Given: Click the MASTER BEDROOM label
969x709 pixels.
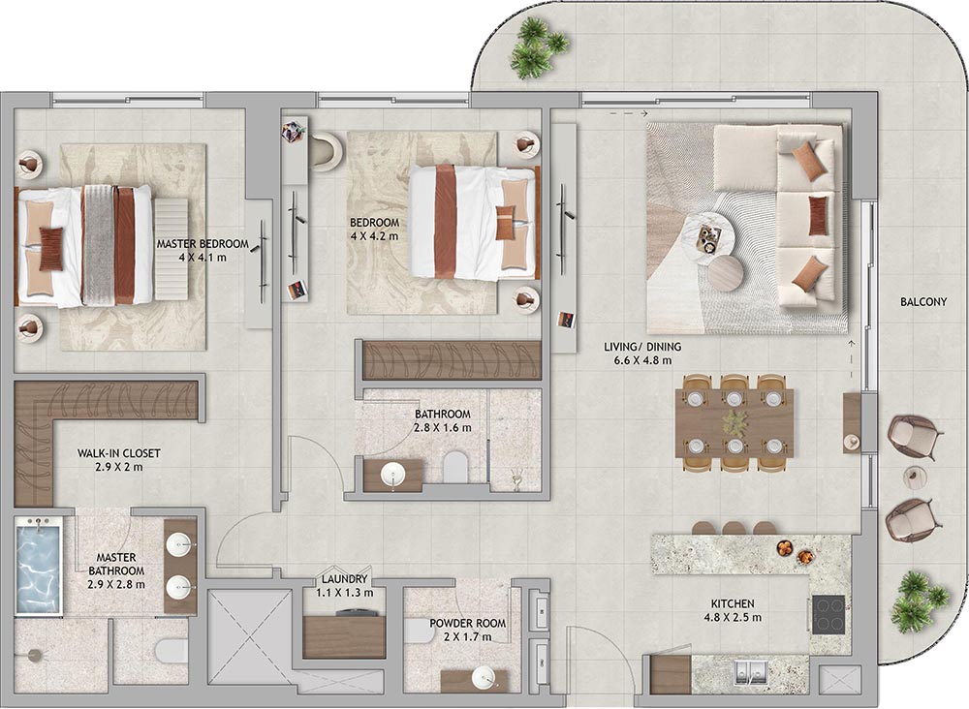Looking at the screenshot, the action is [203, 244].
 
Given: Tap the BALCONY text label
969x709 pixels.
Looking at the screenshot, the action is [923, 302].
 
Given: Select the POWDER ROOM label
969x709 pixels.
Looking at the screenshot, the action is [468, 624].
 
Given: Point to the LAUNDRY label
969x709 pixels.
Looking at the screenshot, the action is [344, 579].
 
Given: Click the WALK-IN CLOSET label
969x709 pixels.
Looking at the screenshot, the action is [118, 453].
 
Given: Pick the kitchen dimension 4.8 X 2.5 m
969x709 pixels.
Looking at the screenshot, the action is [733, 617].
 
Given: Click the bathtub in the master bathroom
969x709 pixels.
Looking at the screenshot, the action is [39, 567].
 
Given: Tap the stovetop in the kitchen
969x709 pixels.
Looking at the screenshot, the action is [828, 614].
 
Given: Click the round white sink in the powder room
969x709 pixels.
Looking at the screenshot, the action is [484, 677].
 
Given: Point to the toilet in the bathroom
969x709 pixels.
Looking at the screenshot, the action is [456, 466].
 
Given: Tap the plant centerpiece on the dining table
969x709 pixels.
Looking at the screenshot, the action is [735, 423].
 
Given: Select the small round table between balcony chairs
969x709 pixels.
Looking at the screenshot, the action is [913, 476].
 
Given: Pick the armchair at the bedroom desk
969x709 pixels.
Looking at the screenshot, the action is [325, 152].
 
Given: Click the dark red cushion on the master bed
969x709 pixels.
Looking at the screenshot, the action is [51, 249].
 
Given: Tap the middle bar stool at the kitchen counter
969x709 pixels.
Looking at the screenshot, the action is [735, 529].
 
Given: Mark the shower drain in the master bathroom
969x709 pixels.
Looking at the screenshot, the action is [35, 656].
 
